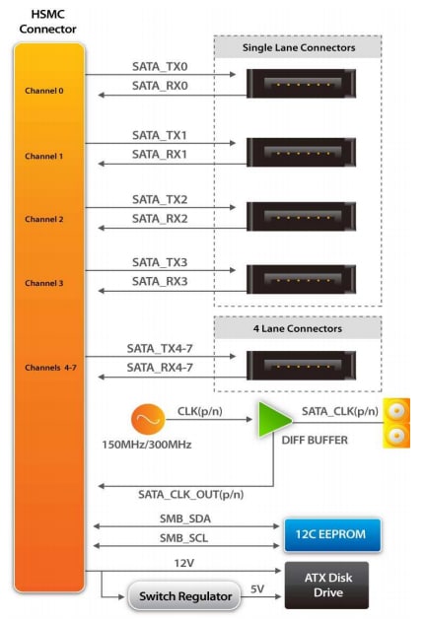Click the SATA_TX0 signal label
click(159, 66)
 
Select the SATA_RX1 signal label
click(159, 155)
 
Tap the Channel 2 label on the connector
click(44, 219)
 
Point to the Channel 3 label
click(44, 283)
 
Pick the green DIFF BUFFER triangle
click(273, 418)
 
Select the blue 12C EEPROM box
click(331, 533)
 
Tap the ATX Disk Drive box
click(325, 586)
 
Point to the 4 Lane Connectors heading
click(297, 328)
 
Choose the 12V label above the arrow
click(184, 561)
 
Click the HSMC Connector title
click(47, 22)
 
